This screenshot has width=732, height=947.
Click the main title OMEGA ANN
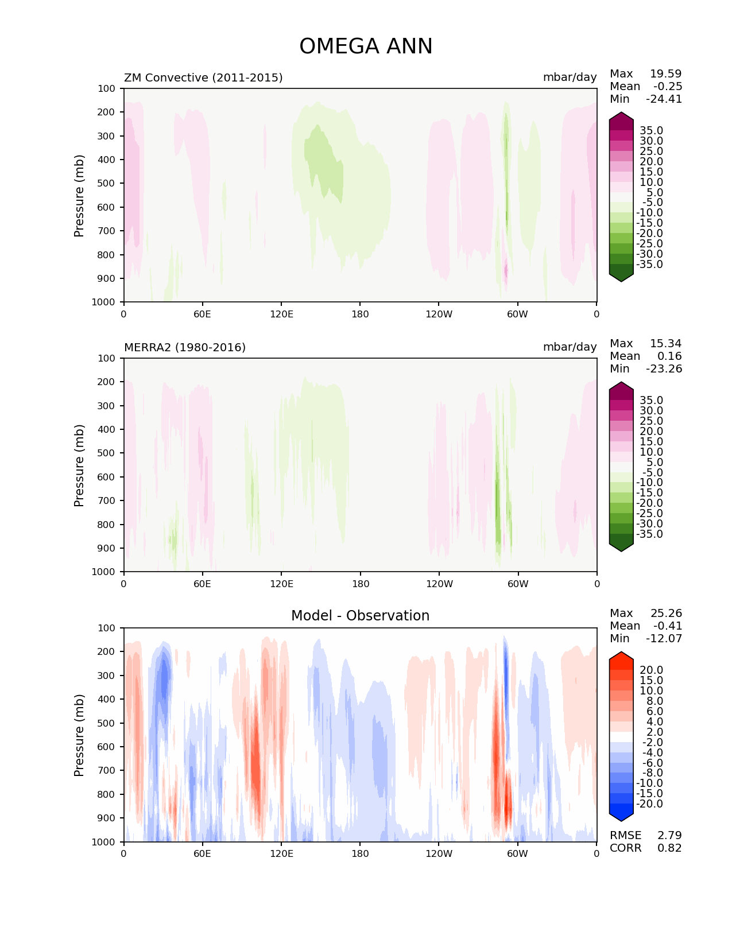pyautogui.click(x=366, y=46)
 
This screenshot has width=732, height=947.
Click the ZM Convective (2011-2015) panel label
pyautogui.click(x=203, y=77)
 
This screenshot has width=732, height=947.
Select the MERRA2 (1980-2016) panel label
pyautogui.click(x=185, y=347)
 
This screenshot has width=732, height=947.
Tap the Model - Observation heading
pyautogui.click(x=360, y=615)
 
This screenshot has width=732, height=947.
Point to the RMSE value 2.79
pyautogui.click(x=669, y=835)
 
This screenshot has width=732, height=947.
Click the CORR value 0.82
pyautogui.click(x=669, y=848)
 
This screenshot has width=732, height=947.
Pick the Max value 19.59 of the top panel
pyautogui.click(x=666, y=73)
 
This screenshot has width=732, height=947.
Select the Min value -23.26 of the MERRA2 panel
pyautogui.click(x=664, y=368)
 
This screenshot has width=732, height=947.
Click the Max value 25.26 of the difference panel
pyautogui.click(x=666, y=613)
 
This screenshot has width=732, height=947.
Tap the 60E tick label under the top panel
pyautogui.click(x=202, y=314)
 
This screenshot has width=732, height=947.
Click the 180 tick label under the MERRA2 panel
pyautogui.click(x=361, y=584)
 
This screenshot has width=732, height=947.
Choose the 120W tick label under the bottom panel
pyautogui.click(x=439, y=854)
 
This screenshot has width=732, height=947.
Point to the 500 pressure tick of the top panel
pyautogui.click(x=106, y=184)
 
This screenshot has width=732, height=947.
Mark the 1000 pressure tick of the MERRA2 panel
pyautogui.click(x=103, y=572)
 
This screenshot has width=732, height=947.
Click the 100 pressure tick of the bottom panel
pyautogui.click(x=106, y=628)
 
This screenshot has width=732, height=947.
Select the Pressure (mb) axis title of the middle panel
pyautogui.click(x=79, y=465)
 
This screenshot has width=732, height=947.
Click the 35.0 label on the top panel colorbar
pyautogui.click(x=652, y=131)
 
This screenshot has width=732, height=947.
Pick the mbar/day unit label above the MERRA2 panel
pyautogui.click(x=570, y=347)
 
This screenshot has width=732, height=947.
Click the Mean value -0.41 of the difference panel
pyautogui.click(x=668, y=626)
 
